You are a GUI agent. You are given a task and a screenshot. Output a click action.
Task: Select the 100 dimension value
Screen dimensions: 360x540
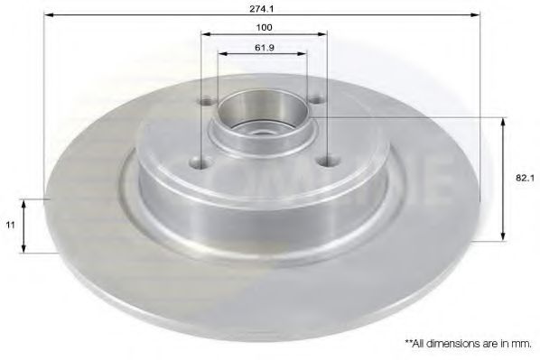(264, 27)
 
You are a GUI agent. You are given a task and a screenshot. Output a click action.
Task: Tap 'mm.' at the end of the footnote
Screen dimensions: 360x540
(521, 343)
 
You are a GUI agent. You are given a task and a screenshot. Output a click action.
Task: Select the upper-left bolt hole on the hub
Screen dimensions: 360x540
(209, 100)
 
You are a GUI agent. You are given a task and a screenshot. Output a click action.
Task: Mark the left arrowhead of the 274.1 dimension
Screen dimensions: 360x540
(48, 15)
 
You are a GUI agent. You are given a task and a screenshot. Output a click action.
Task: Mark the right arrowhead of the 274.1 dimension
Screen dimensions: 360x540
(476, 15)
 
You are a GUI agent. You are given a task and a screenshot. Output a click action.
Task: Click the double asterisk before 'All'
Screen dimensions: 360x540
(408, 342)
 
